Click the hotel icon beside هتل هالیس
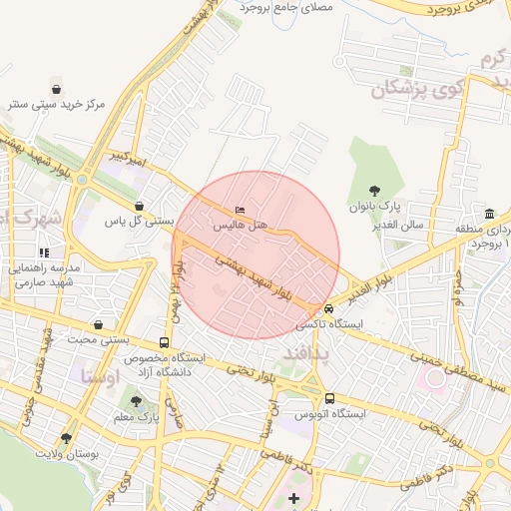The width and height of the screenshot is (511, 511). click(238, 211)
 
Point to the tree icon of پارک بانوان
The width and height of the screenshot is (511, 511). click(373, 190)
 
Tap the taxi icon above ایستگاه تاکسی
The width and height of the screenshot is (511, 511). click(327, 308)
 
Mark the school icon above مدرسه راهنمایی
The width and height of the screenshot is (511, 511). click(43, 253)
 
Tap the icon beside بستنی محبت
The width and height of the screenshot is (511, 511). click(98, 324)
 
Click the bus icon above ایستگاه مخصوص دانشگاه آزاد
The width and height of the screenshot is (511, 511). click(163, 340)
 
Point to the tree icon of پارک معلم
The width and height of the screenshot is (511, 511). click(136, 400)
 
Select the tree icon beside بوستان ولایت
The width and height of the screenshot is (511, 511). click(66, 437)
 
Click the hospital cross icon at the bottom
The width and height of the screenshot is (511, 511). click(292, 497)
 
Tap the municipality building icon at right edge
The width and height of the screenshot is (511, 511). click(489, 215)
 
